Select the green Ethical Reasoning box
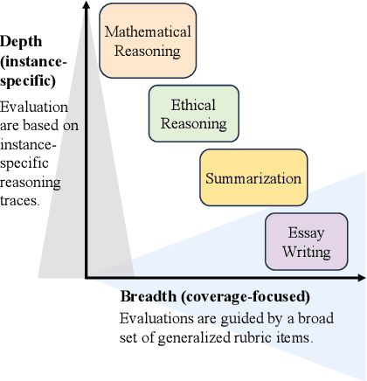coord(193,114)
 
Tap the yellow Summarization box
coord(253,179)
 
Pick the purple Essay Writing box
coord(306,243)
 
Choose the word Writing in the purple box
coord(306,253)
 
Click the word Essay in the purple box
coord(306,234)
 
